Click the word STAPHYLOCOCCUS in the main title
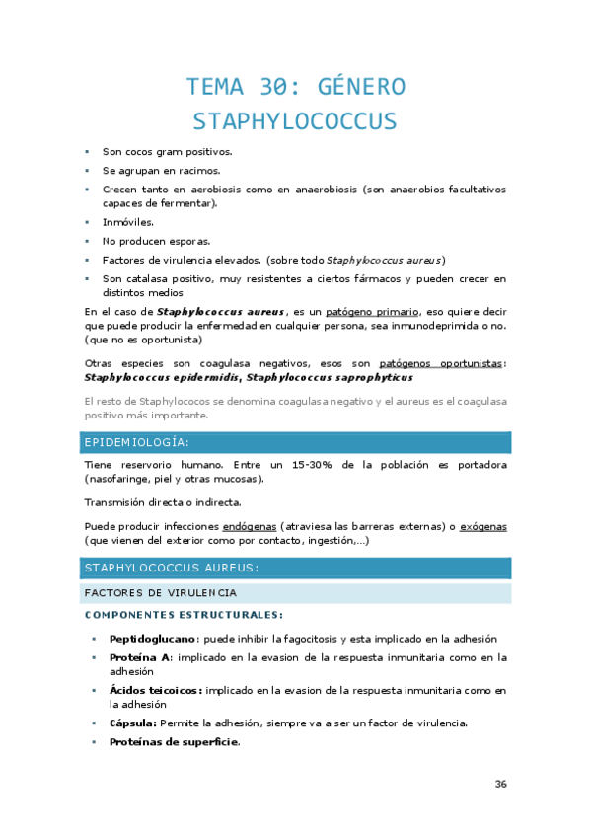[295, 121]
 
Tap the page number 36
[500, 784]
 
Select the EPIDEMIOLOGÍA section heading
[138, 441]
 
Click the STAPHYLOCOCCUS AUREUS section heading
[172, 568]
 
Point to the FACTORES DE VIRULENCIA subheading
[160, 592]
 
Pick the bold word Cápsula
[133, 723]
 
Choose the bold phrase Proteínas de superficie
[174, 742]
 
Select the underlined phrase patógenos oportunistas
[441, 363]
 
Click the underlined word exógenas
[483, 526]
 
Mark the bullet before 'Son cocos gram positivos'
[87, 152]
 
